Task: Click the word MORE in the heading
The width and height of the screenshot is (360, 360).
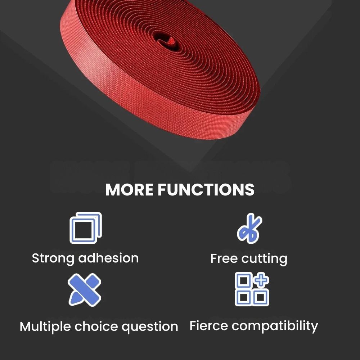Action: (x=129, y=190)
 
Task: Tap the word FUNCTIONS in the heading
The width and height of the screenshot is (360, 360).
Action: (x=206, y=190)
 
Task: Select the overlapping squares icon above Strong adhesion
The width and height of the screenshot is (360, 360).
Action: (x=86, y=228)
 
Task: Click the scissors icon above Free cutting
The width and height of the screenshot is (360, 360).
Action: (x=249, y=228)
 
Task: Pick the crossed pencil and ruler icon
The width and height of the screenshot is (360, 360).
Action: (x=85, y=290)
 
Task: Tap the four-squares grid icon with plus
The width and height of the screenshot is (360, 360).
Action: (x=252, y=289)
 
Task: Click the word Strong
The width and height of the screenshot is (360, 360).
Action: (x=53, y=258)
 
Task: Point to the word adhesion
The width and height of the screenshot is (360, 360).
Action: (x=108, y=258)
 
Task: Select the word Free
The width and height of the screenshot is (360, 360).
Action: (x=224, y=258)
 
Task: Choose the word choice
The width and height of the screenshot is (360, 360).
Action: (x=96, y=326)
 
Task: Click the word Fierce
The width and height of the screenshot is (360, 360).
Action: (x=208, y=325)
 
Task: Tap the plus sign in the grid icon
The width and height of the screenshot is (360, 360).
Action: (x=261, y=280)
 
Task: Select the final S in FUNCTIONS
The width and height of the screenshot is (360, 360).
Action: (x=249, y=190)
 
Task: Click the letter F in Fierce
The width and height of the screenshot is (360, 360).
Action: (x=193, y=325)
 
